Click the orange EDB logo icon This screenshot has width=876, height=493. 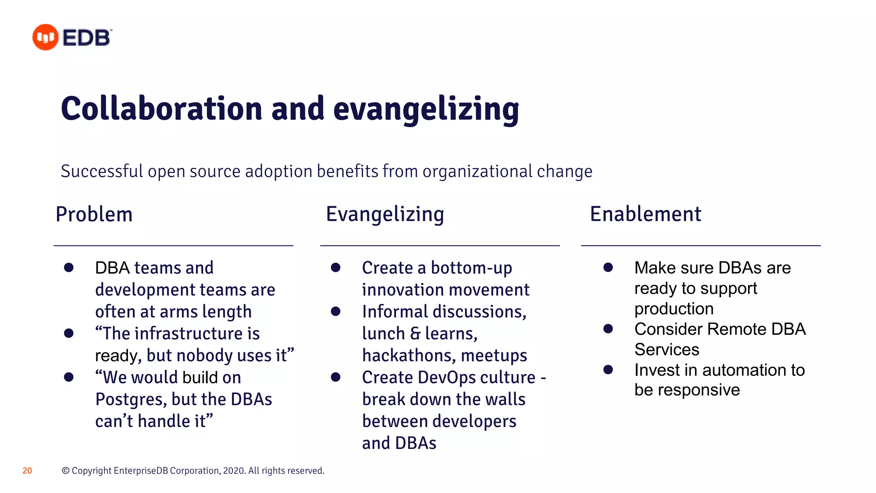pyautogui.click(x=45, y=37)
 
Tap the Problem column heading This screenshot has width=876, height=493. pyautogui.click(x=94, y=214)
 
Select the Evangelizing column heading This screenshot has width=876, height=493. pyautogui.click(x=385, y=214)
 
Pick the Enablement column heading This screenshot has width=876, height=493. pyautogui.click(x=645, y=214)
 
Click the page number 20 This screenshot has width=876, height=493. pyautogui.click(x=27, y=471)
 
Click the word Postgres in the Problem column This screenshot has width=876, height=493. pyautogui.click(x=131, y=400)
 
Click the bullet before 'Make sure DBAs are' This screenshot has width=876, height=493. pyautogui.click(x=608, y=268)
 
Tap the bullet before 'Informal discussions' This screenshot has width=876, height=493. pyautogui.click(x=335, y=312)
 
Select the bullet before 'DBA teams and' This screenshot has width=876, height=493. pyautogui.click(x=68, y=268)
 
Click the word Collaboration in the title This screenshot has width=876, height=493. pyautogui.click(x=161, y=109)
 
